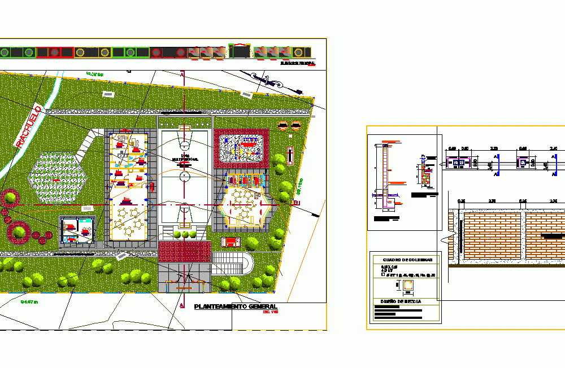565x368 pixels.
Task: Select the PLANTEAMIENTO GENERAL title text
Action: (235, 306)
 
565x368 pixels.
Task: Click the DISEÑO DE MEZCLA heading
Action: (403, 301)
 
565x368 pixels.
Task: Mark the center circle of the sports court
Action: (185, 177)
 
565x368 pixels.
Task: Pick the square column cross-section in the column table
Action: (406, 286)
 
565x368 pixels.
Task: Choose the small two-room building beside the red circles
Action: (78, 231)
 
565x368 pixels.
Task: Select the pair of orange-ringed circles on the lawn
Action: (289, 126)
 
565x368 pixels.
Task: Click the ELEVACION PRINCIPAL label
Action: (297, 64)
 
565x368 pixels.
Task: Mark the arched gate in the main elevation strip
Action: (240, 50)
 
